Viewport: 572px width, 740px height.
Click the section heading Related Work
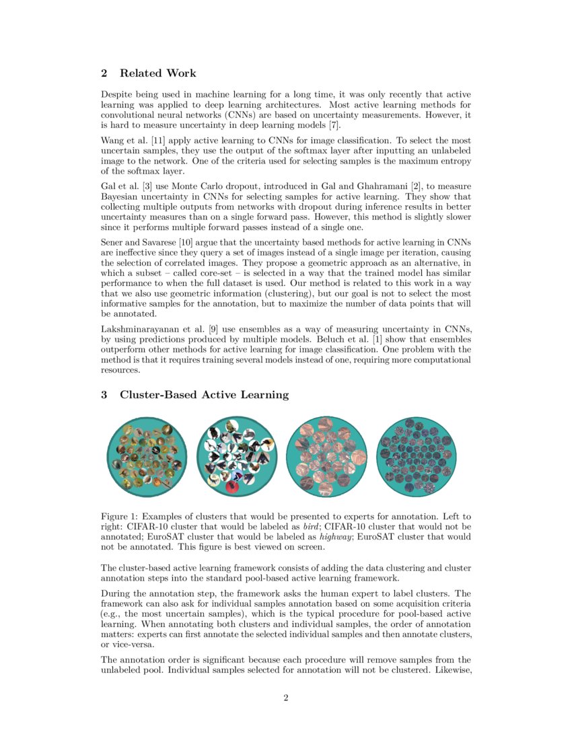157,73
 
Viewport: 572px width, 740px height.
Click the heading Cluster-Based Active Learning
204,395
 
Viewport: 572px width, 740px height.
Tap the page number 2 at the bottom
286,698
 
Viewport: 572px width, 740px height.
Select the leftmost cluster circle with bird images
147,457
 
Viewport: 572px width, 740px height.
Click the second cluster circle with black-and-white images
237,457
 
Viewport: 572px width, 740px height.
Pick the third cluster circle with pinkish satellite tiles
326,457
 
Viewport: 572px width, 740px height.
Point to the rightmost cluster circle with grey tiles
417,457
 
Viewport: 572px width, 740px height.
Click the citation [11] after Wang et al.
157,140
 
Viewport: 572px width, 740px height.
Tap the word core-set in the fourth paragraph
201,274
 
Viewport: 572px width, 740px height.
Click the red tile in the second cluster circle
234,486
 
